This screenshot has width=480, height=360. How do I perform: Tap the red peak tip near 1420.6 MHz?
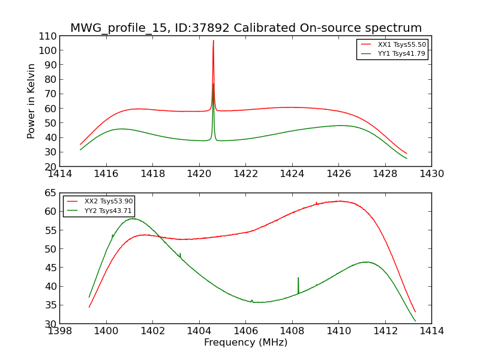point(213,41)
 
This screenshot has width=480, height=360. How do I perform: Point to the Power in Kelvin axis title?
point(32,101)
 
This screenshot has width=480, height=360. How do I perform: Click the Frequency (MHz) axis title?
point(245,343)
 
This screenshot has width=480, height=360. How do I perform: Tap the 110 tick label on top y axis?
point(48,36)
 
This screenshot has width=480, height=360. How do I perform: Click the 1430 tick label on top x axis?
point(431,174)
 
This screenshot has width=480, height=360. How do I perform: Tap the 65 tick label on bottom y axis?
point(50,193)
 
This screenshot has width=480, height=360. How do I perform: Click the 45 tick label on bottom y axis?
point(50,268)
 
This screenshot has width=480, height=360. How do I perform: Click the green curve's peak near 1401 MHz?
point(133,218)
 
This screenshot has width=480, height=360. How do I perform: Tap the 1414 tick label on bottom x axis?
point(431,331)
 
